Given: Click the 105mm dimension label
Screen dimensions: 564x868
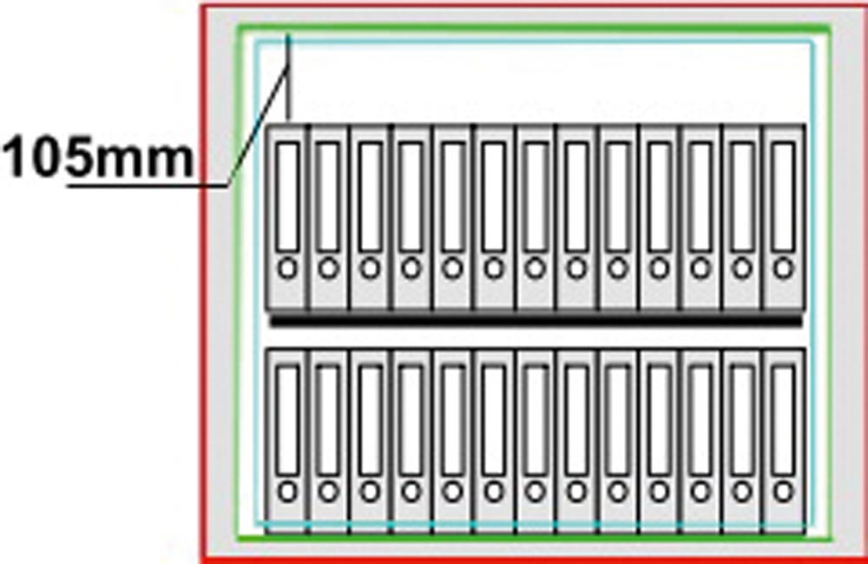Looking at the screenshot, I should (x=97, y=160).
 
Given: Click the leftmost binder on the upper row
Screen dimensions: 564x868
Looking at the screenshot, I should (x=287, y=217).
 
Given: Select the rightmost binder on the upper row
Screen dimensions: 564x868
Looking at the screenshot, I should (x=784, y=217).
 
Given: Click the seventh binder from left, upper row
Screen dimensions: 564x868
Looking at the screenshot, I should (x=536, y=217).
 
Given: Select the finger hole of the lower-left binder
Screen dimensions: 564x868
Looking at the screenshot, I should (x=287, y=492).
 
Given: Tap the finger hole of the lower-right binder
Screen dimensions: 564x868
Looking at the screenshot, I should (x=784, y=492).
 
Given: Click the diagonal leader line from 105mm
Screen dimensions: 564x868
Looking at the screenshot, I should (x=256, y=130).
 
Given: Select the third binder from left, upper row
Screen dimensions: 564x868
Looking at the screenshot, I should (x=371, y=217).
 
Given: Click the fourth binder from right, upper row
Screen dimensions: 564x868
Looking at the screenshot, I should (x=660, y=217).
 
